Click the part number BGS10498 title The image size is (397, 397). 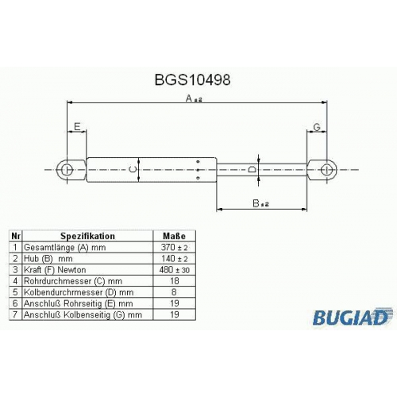192,79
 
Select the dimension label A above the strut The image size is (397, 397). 194,98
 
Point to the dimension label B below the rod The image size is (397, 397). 260,203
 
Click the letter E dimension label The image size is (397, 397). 77,127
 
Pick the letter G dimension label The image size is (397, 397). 317,127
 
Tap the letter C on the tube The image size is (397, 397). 133,169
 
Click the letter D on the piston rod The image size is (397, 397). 252,169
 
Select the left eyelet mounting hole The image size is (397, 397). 66,170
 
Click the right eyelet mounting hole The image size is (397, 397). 327,170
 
